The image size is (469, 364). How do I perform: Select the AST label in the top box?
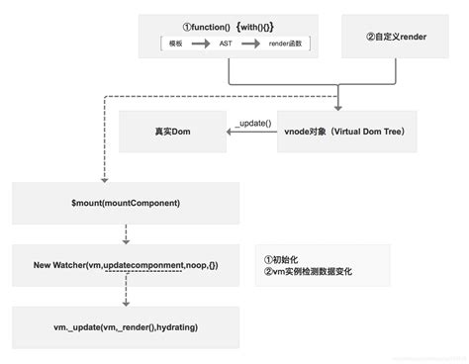227,45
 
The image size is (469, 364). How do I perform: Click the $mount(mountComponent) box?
125,202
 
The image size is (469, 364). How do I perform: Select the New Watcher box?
125,265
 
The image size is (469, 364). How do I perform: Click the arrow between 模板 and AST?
202,45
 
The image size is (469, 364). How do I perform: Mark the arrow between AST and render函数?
253,45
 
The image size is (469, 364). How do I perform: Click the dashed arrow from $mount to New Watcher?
125,233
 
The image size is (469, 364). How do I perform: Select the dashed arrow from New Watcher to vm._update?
125,294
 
